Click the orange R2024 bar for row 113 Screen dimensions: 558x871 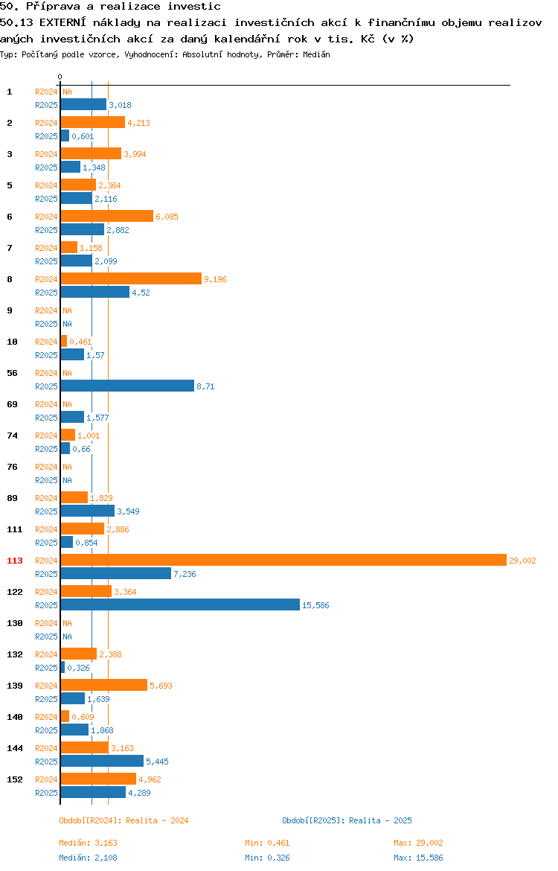283,561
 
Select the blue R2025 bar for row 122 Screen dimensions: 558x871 181,605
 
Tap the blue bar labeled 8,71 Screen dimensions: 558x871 128,386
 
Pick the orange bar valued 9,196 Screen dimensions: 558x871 131,279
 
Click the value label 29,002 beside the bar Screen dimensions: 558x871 522,561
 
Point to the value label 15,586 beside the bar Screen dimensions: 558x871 315,605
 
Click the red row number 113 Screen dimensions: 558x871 15,561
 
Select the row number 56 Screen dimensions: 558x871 12,373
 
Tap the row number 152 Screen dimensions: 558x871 15,779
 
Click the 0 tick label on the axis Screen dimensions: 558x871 60,77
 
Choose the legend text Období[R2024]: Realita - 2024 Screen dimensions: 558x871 124,820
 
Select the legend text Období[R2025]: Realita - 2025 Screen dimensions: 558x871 347,820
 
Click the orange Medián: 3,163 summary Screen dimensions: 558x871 89,843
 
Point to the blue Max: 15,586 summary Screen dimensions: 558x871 419,858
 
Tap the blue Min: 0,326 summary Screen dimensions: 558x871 268,858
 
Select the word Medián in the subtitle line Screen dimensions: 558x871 316,54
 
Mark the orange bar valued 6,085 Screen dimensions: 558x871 107,216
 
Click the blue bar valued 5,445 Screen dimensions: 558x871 102,761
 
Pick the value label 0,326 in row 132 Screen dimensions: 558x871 78,668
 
